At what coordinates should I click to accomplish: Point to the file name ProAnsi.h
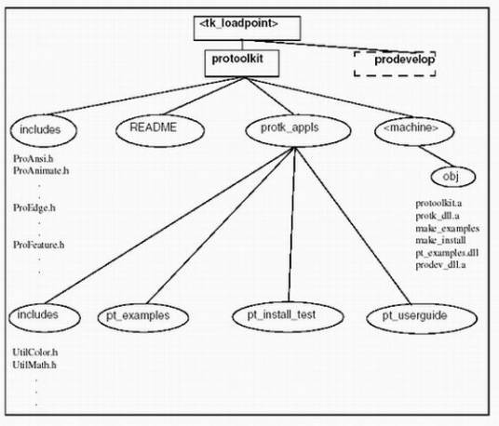34,158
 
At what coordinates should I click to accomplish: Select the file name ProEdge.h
34,207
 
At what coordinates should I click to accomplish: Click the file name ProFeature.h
39,245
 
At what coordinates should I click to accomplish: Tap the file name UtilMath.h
34,365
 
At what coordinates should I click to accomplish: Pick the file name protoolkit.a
438,203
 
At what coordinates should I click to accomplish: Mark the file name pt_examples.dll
447,253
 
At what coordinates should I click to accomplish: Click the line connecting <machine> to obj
436,156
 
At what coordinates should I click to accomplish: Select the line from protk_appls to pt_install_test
291,224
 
